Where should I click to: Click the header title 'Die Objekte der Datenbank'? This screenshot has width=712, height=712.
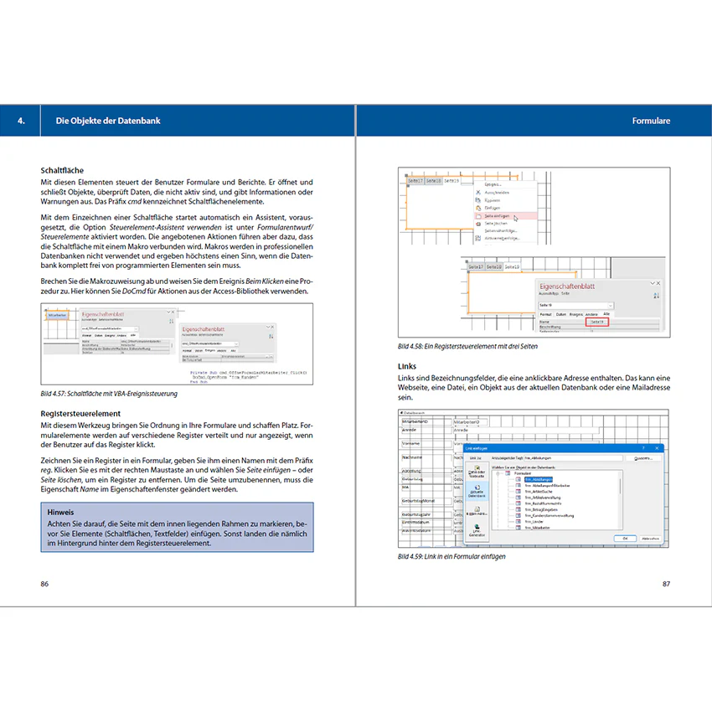coord(107,121)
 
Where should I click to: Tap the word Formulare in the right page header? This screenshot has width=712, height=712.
coord(651,121)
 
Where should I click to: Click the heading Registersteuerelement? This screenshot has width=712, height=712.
coord(92,414)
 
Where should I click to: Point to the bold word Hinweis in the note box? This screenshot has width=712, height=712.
coord(61,512)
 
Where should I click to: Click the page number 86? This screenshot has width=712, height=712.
coord(45,584)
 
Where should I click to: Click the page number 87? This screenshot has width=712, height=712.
coord(666,584)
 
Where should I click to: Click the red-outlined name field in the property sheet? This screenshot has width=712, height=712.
coord(596,322)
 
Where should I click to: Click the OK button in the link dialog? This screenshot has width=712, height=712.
coord(625,539)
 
